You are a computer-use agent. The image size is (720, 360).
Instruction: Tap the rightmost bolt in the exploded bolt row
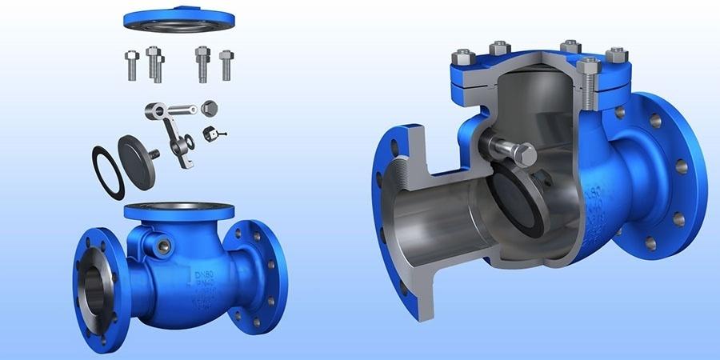pyautogui.click(x=226, y=64)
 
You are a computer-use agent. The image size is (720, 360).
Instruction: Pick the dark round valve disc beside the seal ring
pyautogui.click(x=136, y=162)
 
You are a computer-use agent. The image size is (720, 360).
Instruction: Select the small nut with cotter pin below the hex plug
pyautogui.click(x=212, y=132)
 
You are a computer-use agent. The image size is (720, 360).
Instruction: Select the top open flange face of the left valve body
pyautogui.click(x=179, y=209)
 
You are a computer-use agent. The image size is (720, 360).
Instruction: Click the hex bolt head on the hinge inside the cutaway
pyautogui.click(x=522, y=154)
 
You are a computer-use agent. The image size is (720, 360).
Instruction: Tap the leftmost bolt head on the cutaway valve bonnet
pyautogui.click(x=463, y=57)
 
